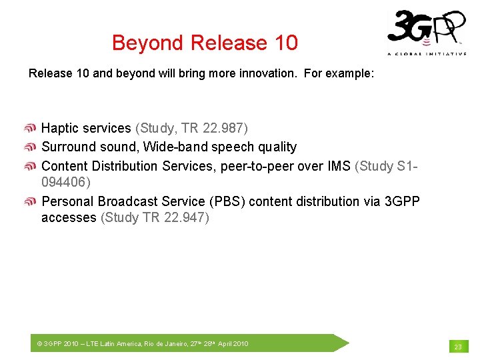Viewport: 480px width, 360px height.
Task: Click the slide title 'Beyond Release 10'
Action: click(x=205, y=43)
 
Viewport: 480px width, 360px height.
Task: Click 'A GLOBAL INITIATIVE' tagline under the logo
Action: click(x=427, y=54)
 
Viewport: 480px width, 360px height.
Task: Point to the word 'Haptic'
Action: click(x=60, y=128)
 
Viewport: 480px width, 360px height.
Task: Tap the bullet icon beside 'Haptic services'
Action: click(x=31, y=128)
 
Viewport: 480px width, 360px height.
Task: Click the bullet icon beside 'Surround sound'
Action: click(x=31, y=147)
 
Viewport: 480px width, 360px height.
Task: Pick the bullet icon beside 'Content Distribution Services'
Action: click(x=31, y=166)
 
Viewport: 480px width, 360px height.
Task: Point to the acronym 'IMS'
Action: click(x=337, y=166)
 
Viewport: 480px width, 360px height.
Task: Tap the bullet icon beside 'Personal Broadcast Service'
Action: click(x=31, y=201)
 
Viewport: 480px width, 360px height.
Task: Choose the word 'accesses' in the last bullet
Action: click(x=69, y=217)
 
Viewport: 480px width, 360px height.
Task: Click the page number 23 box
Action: click(x=458, y=346)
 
